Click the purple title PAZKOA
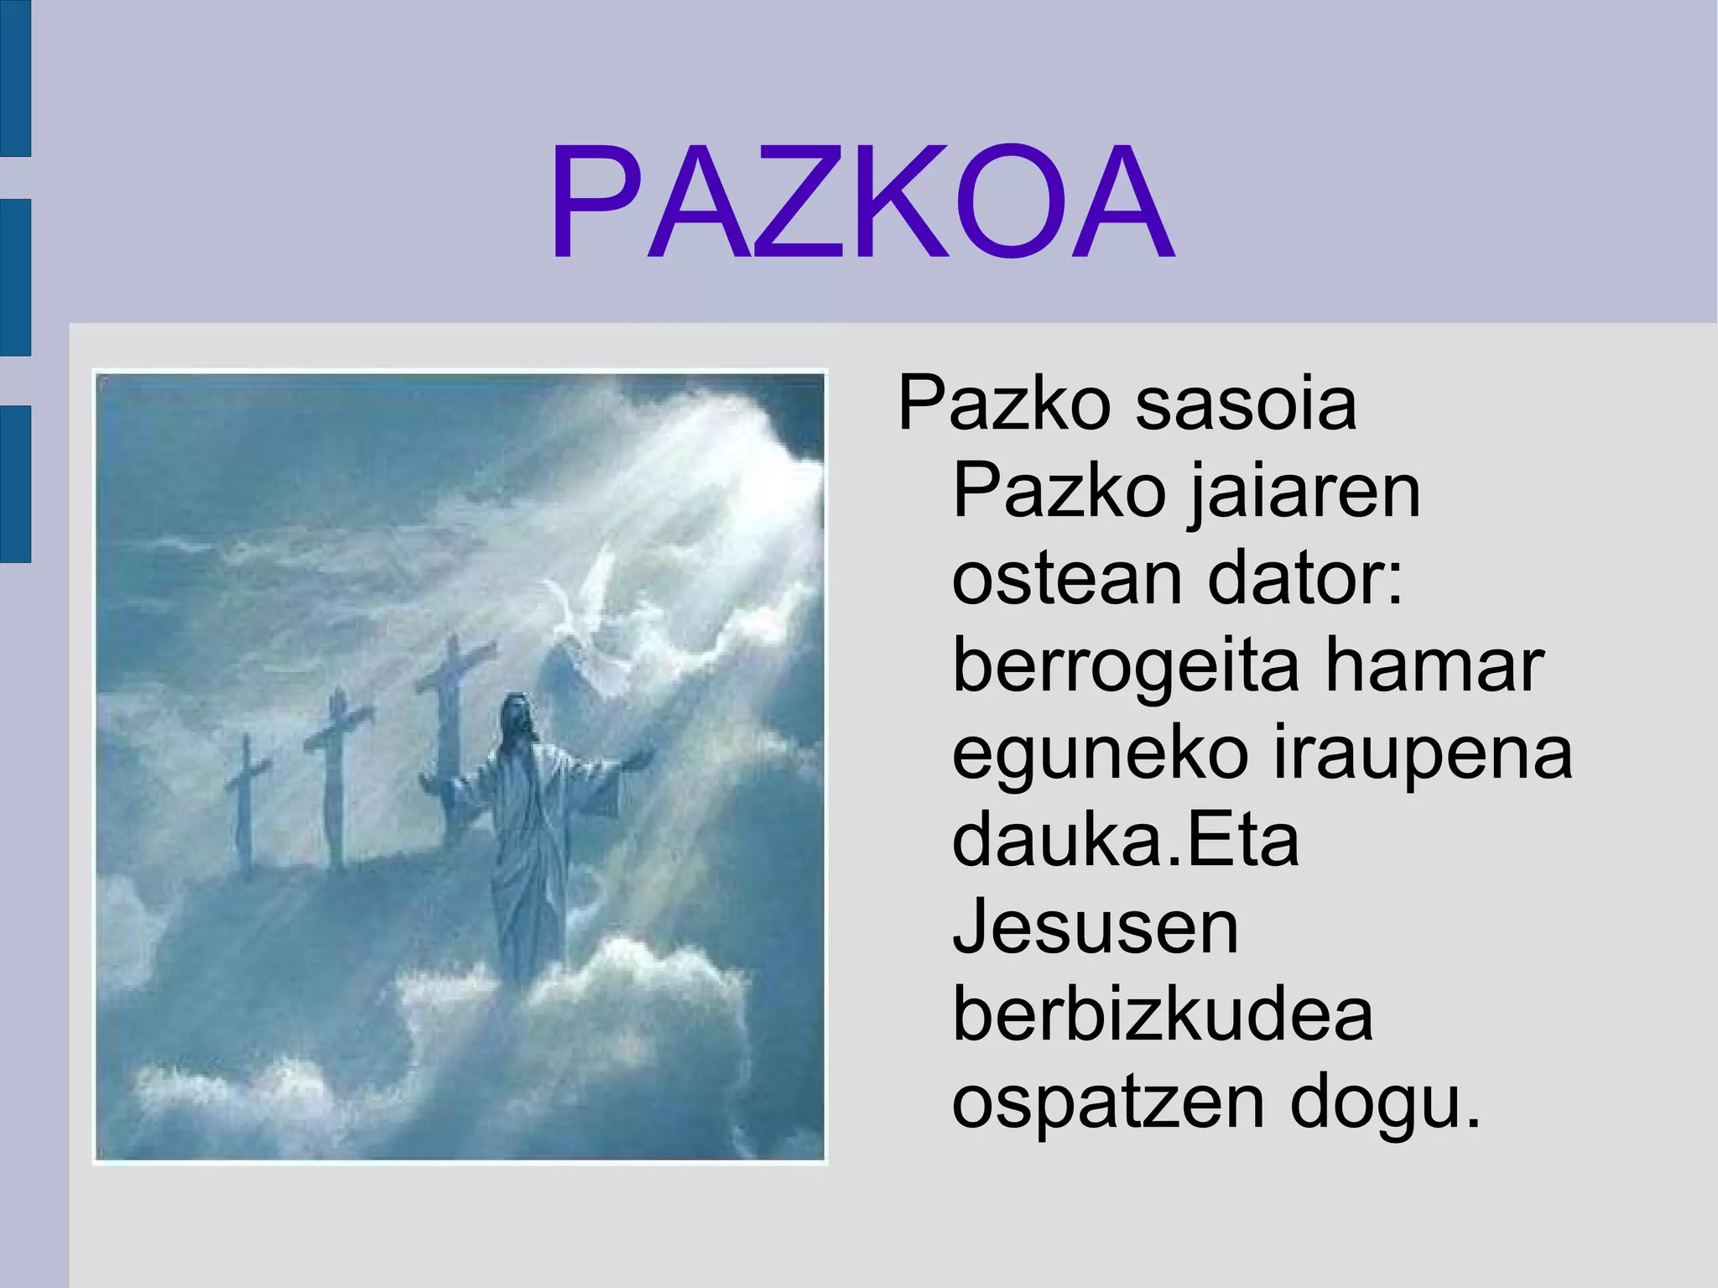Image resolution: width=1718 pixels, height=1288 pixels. coord(861,204)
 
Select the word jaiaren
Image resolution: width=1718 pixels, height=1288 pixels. coord(1304,493)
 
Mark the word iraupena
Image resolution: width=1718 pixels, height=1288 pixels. coord(1423,755)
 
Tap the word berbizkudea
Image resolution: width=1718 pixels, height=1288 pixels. coord(1163,1015)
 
